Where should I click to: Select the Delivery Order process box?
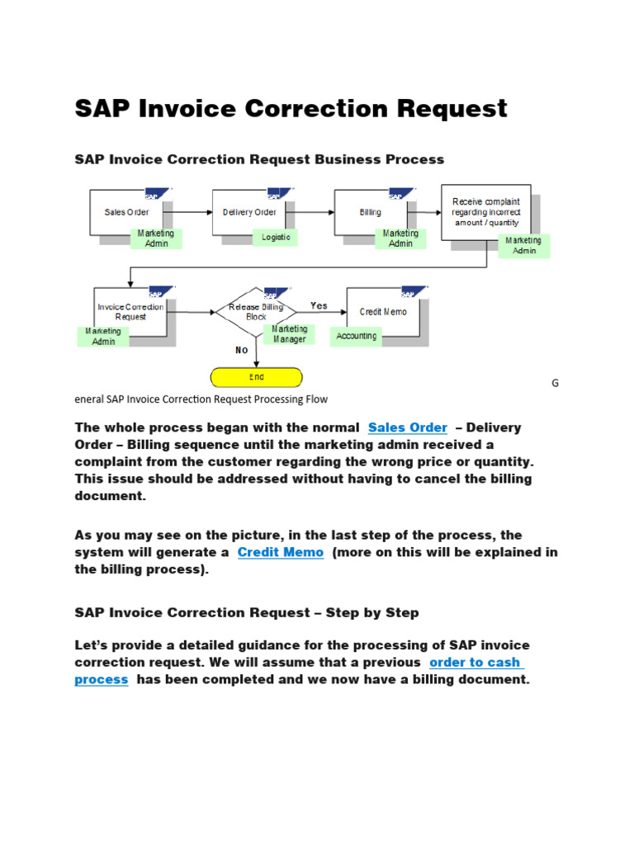pyautogui.click(x=248, y=212)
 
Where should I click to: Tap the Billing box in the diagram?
pyautogui.click(x=371, y=212)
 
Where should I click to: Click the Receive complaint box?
pyautogui.click(x=485, y=212)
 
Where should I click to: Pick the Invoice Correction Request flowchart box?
pyautogui.click(x=130, y=311)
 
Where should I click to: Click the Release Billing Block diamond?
pyautogui.click(x=256, y=311)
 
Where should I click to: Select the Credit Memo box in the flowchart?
pyautogui.click(x=383, y=311)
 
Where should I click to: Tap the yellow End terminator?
pyautogui.click(x=257, y=377)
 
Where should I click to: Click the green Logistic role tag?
pyautogui.click(x=276, y=238)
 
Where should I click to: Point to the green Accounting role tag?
pyautogui.click(x=357, y=336)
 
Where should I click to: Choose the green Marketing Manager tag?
pyautogui.click(x=290, y=334)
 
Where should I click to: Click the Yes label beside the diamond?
pyautogui.click(x=319, y=306)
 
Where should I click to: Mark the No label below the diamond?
pyautogui.click(x=241, y=350)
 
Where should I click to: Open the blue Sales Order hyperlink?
pyautogui.click(x=408, y=427)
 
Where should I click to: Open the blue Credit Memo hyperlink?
pyautogui.click(x=281, y=552)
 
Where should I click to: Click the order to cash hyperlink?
pyautogui.click(x=475, y=663)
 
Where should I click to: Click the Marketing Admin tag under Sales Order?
pyautogui.click(x=156, y=238)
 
